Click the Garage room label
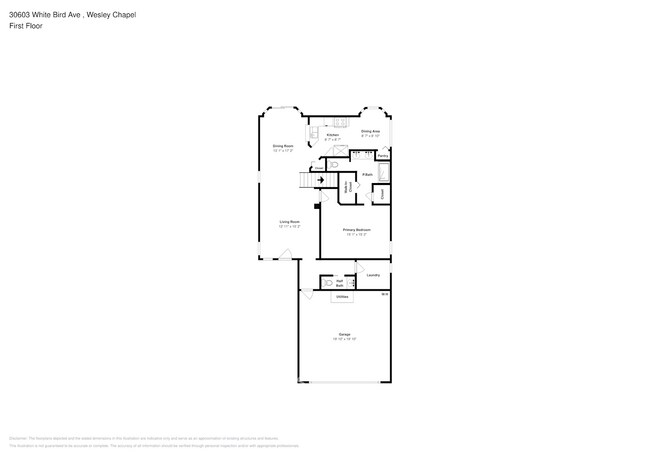pyautogui.click(x=343, y=334)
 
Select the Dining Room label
pyautogui.click(x=283, y=146)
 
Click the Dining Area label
pyautogui.click(x=369, y=131)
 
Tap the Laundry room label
pyautogui.click(x=373, y=275)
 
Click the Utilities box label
pyautogui.click(x=342, y=297)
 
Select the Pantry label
pyautogui.click(x=383, y=157)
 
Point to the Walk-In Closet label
pyautogui.click(x=347, y=186)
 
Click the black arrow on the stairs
pyautogui.click(x=320, y=180)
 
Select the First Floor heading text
pyautogui.click(x=26, y=26)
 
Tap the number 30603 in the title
pyautogui.click(x=21, y=15)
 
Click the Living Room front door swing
pyautogui.click(x=285, y=256)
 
